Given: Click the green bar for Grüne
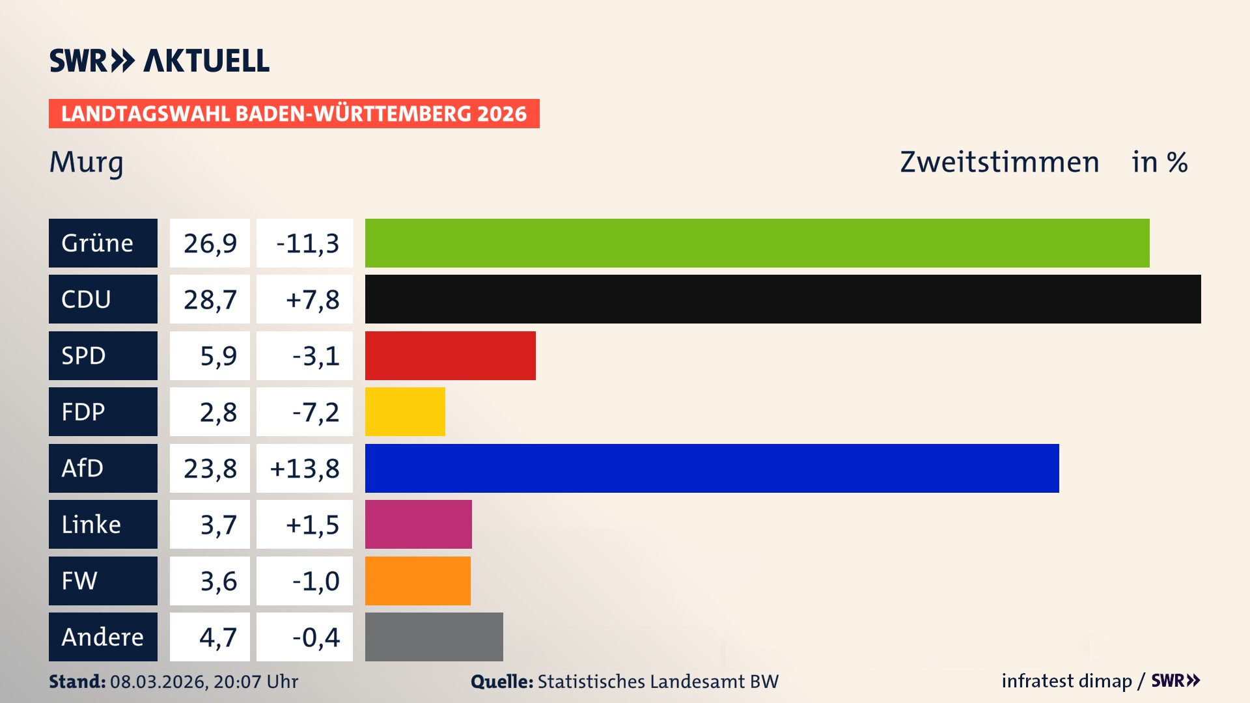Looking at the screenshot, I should coord(757,243).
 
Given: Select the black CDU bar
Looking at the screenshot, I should coord(783,299).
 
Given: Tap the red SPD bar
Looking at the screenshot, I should coord(450,355).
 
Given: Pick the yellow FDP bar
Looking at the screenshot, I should coord(405,411).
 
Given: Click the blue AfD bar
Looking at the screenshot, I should coord(712,468).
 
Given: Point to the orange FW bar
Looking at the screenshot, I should coord(417,581).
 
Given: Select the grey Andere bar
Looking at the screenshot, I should coord(434,637).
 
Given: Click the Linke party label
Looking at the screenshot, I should coord(91,524).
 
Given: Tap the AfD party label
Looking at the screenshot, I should coord(83,468).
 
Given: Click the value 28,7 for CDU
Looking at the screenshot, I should coord(210,299).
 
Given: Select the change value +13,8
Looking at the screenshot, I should coord(305,469).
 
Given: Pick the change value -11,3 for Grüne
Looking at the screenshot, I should coord(307,243).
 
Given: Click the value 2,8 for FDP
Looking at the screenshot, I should coord(218,412).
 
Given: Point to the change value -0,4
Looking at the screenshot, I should coord(316,637).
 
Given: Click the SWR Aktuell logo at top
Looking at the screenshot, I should coord(160,61).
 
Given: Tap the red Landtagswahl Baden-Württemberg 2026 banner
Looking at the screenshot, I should coord(294,114).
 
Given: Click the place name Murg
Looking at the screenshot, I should coord(86,162).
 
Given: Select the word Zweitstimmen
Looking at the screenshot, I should coord(999,162).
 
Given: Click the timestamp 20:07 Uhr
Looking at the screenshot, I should coord(255,682).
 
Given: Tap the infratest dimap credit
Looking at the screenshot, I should coord(1066,681).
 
